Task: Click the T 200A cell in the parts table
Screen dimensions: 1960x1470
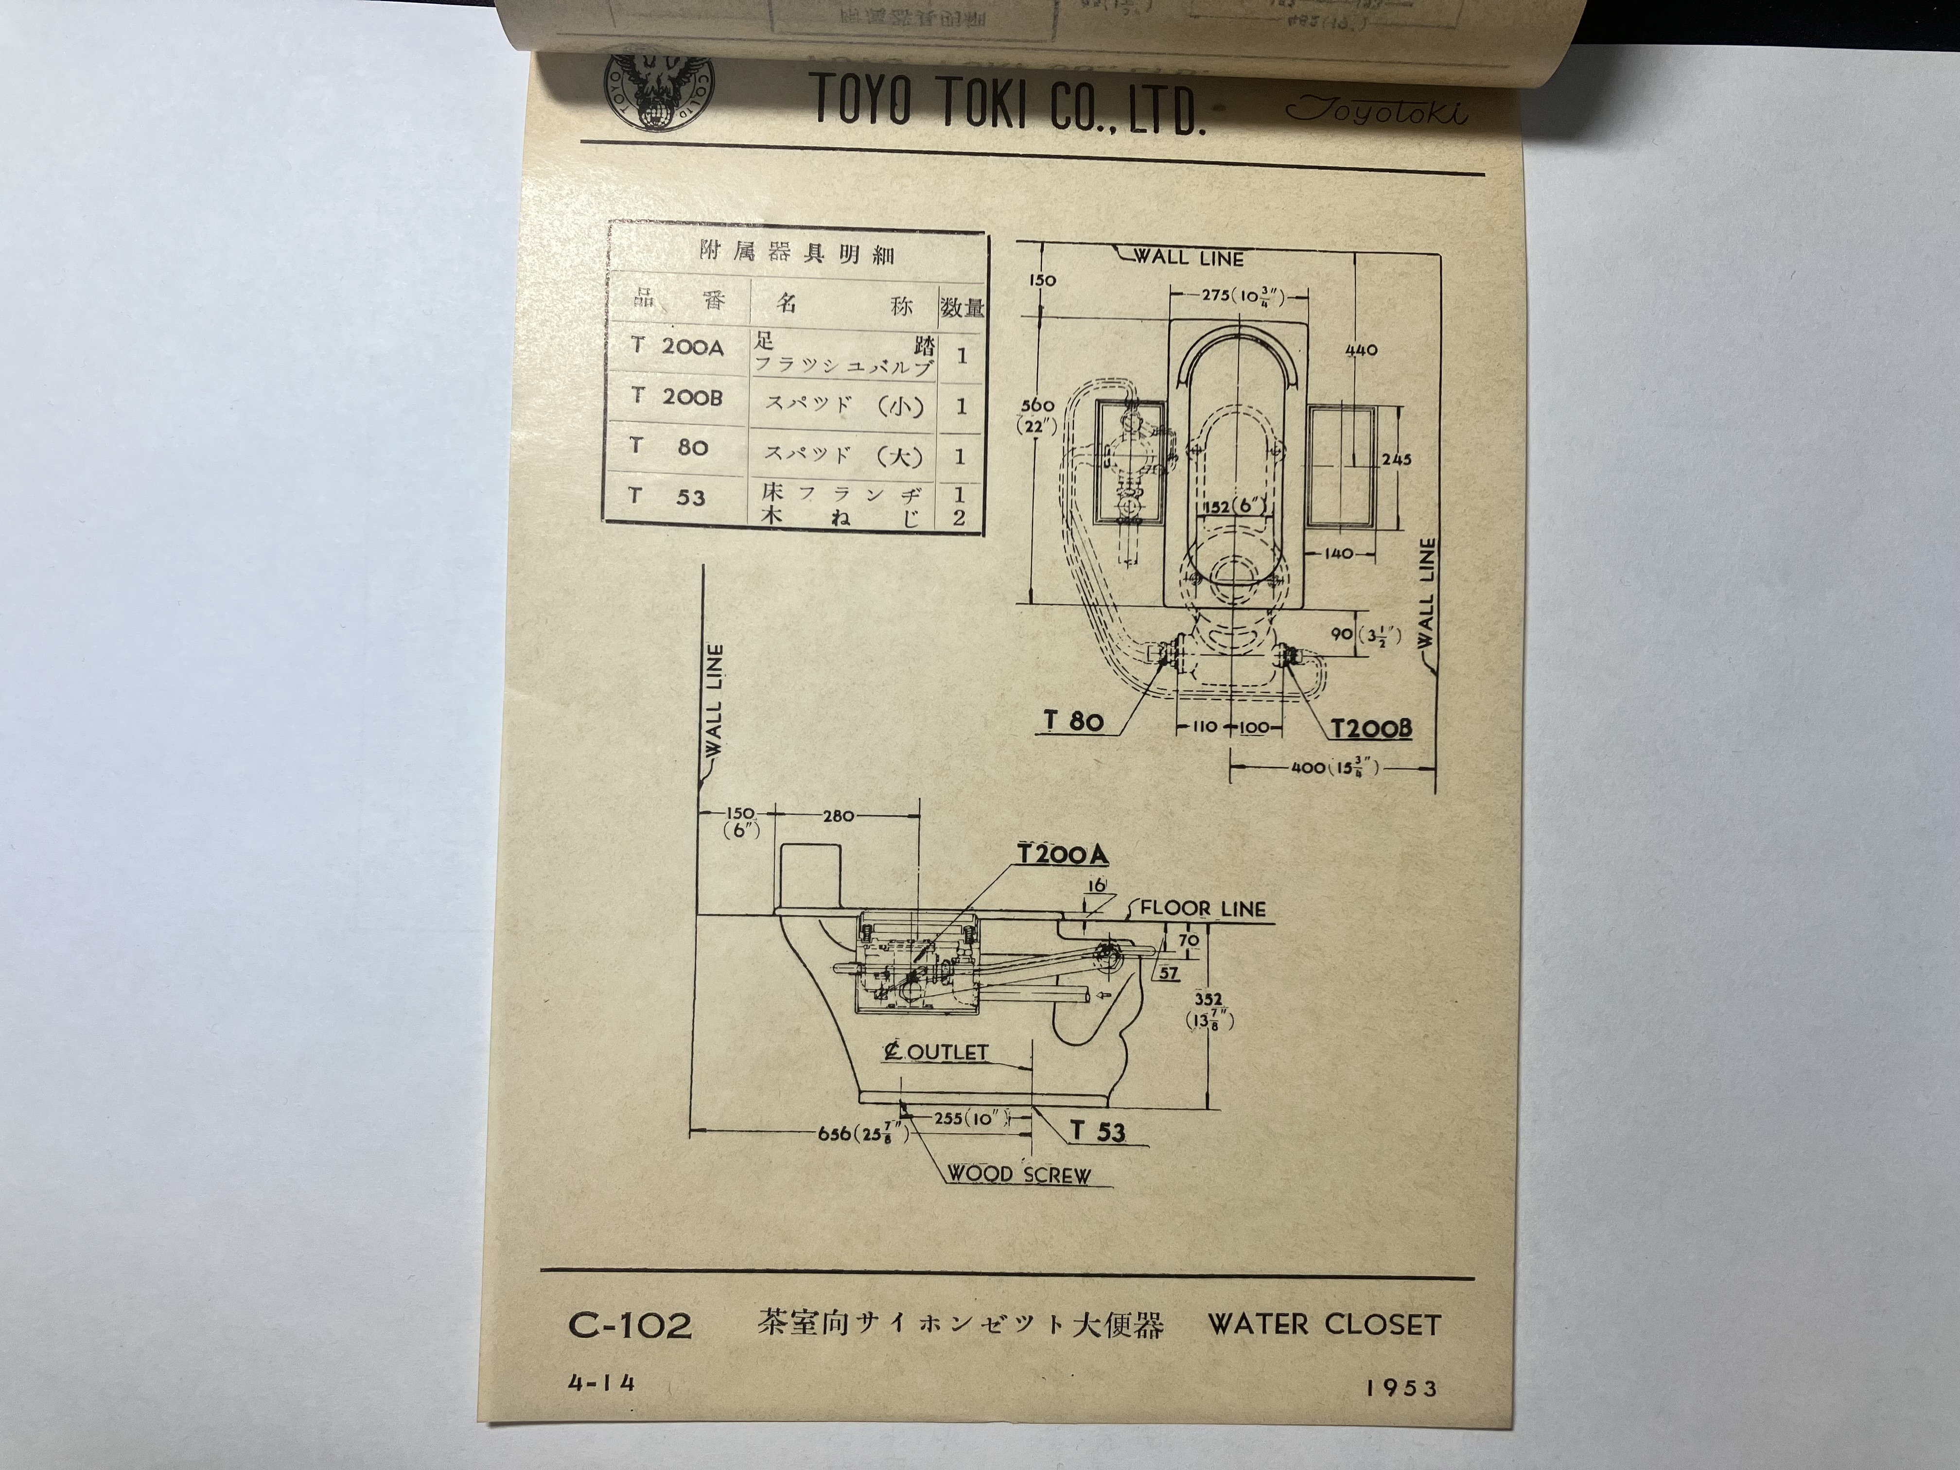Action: point(679,347)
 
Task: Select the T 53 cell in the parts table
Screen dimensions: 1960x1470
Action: point(679,496)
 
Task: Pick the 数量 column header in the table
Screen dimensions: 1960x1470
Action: point(962,308)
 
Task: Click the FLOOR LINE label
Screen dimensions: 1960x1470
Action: point(1203,908)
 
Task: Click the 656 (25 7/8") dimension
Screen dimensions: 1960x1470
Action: point(863,1133)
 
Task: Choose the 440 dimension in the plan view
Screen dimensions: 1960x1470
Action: point(1361,350)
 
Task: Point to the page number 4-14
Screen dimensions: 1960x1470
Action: point(602,1383)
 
